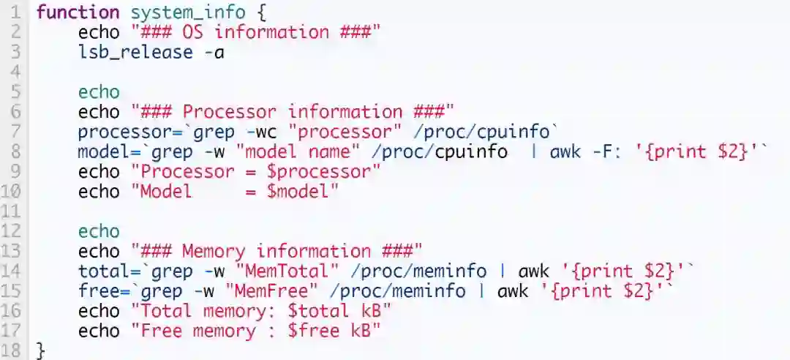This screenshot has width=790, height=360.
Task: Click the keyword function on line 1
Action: click(x=78, y=12)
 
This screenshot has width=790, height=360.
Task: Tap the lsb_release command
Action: click(x=135, y=52)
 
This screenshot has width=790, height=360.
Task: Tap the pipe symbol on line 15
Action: click(x=480, y=291)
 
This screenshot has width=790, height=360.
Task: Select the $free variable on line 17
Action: click(x=313, y=331)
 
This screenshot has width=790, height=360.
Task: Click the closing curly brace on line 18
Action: click(x=40, y=351)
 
